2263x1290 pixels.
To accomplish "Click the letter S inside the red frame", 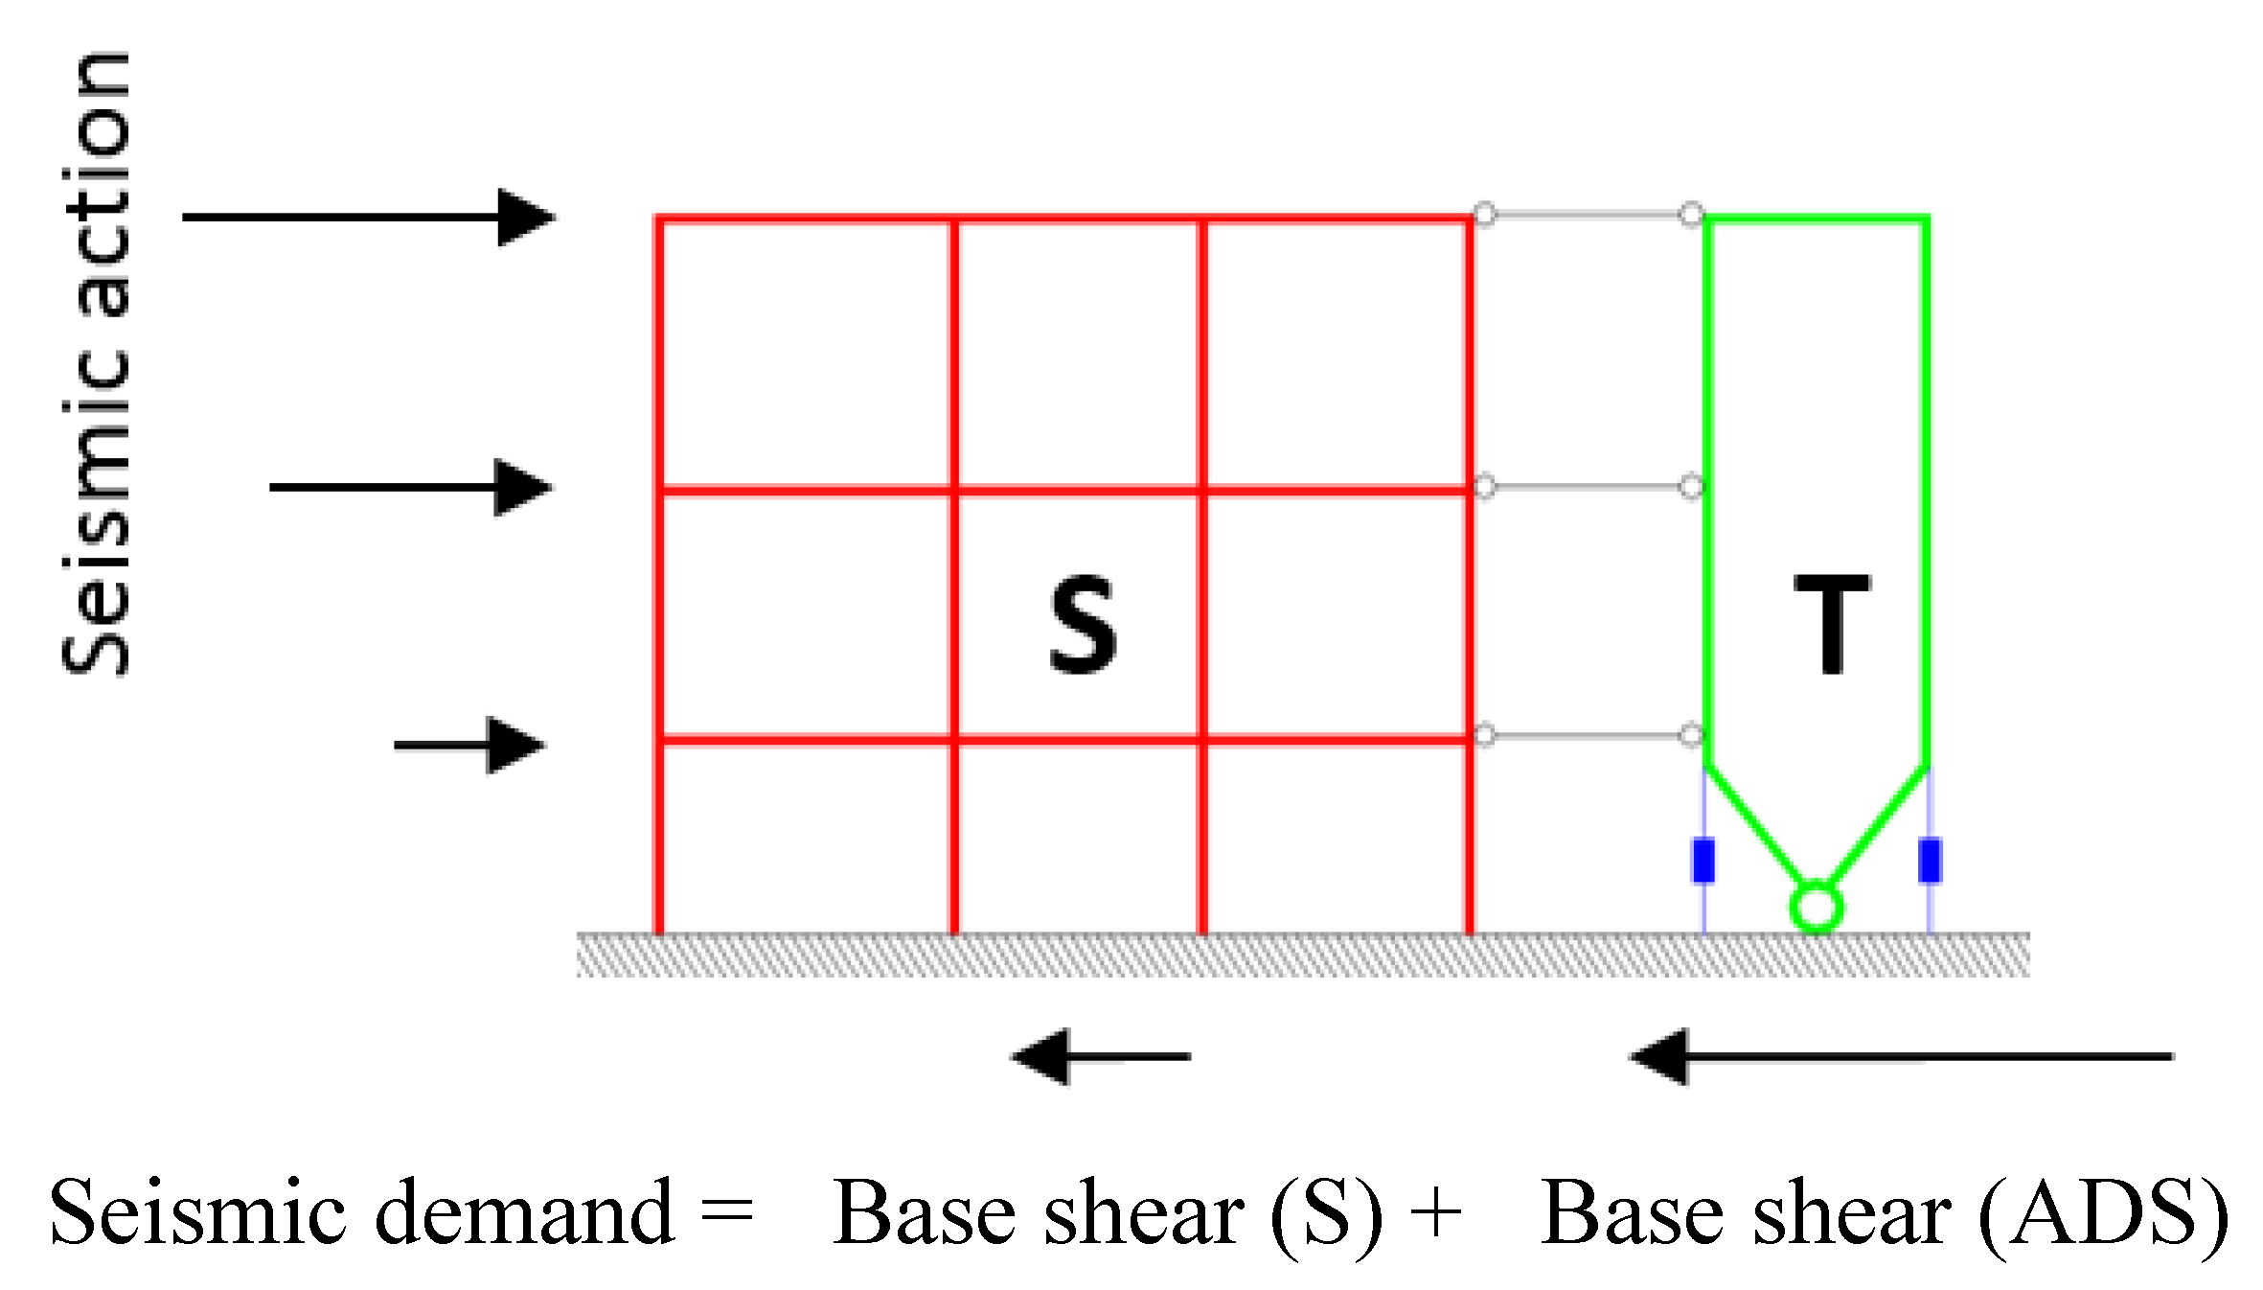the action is pyautogui.click(x=1083, y=625).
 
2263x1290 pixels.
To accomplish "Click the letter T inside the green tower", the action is pyautogui.click(x=1832, y=625).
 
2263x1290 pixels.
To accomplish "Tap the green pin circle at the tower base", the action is pyautogui.click(x=1816, y=907).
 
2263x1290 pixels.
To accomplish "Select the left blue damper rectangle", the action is pyautogui.click(x=1703, y=859).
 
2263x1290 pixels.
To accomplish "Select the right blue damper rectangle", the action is pyautogui.click(x=1930, y=859).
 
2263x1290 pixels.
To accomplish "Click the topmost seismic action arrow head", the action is pyautogui.click(x=525, y=218).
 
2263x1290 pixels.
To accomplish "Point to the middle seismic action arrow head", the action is pyautogui.click(x=522, y=487).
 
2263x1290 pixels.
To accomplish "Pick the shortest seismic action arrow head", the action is pyautogui.click(x=515, y=745).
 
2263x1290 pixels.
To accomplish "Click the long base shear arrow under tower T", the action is pyautogui.click(x=1902, y=1056).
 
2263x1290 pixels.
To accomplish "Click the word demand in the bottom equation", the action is pyautogui.click(x=525, y=1213).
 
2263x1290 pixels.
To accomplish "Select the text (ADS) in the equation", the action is pyautogui.click(x=2104, y=1213).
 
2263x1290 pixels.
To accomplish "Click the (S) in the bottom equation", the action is pyautogui.click(x=1327, y=1213).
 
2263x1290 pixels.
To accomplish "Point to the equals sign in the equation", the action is pyautogui.click(x=727, y=1213).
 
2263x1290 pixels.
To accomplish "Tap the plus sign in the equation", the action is pyautogui.click(x=1436, y=1213).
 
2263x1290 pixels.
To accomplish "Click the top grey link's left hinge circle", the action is pyautogui.click(x=1484, y=214).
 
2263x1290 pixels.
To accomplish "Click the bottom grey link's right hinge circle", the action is pyautogui.click(x=1692, y=735).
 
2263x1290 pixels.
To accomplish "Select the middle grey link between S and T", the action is pyautogui.click(x=1588, y=487).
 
